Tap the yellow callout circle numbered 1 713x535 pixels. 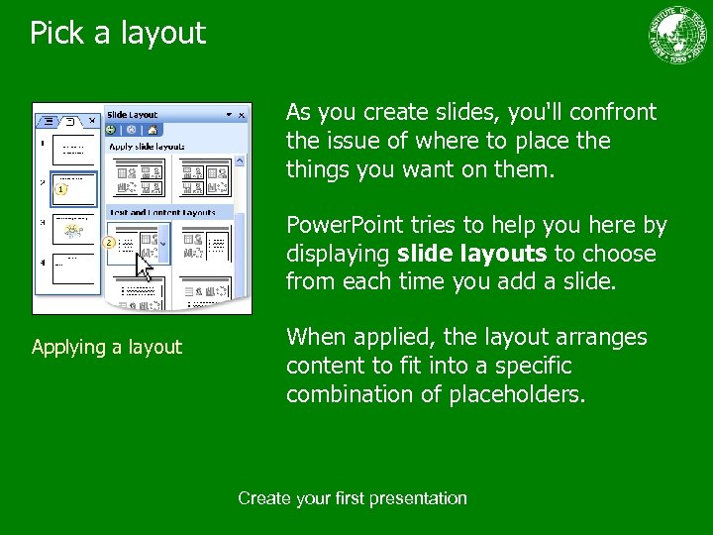pos(61,188)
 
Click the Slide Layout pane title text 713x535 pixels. pos(133,115)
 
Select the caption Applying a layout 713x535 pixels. pos(107,347)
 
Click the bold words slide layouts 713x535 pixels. pos(471,254)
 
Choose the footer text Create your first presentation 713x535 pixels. pos(352,498)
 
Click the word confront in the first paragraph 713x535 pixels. pos(616,112)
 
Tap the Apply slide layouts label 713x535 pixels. pos(147,147)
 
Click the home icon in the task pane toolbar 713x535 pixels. pos(154,130)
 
